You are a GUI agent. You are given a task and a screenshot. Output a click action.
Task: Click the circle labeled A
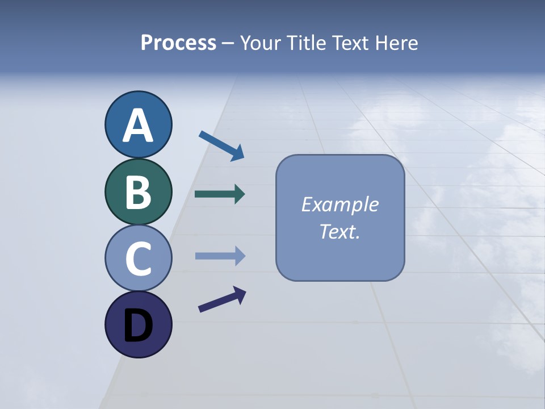(x=138, y=124)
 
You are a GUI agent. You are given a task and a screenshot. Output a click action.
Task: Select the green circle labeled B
(x=138, y=191)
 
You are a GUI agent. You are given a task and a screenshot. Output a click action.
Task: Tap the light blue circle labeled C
(x=138, y=258)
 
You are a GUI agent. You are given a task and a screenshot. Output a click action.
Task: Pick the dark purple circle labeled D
(x=138, y=324)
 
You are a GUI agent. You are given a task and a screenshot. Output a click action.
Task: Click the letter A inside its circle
(x=138, y=126)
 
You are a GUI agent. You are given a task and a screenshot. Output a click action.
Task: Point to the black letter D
(x=138, y=326)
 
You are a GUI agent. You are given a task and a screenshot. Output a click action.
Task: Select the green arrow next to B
(x=219, y=194)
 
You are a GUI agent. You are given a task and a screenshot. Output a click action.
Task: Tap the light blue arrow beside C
(x=219, y=256)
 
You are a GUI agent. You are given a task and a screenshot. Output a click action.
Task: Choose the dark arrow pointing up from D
(x=221, y=300)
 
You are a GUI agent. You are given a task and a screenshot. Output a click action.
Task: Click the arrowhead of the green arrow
(x=240, y=194)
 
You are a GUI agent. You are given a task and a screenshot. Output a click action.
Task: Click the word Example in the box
(x=339, y=204)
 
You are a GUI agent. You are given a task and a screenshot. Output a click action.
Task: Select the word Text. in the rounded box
(x=339, y=232)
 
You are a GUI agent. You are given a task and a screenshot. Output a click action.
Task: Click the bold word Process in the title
(x=178, y=43)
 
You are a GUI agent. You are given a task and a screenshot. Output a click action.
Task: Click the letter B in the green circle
(x=138, y=193)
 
